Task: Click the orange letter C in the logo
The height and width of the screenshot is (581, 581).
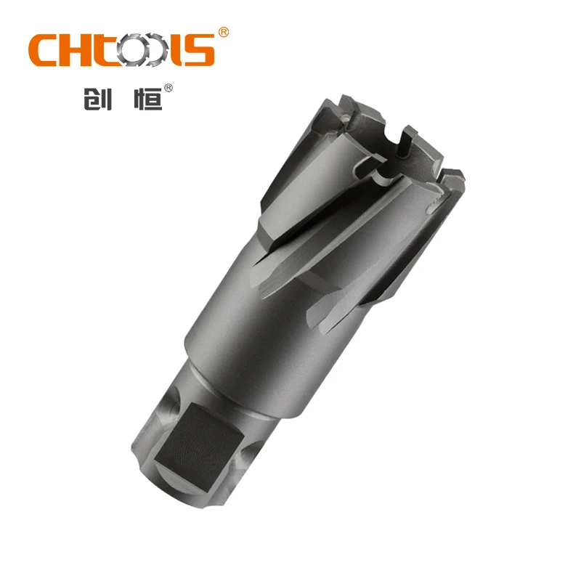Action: click(46, 51)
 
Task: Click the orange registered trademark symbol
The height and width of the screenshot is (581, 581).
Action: click(224, 33)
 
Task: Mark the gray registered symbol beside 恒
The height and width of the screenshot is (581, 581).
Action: click(168, 88)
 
